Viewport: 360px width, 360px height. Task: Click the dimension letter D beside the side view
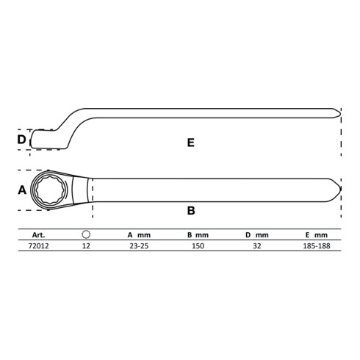tap(21, 140)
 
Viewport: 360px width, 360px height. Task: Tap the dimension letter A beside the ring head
tap(22, 190)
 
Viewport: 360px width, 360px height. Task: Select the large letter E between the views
tap(191, 143)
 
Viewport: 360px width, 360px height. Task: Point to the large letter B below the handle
tap(191, 211)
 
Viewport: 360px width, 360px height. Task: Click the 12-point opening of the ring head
tap(51, 190)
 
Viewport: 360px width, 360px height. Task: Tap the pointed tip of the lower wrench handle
tap(341, 189)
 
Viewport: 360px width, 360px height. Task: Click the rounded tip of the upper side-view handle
tap(340, 113)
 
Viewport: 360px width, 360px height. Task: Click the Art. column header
tap(38, 235)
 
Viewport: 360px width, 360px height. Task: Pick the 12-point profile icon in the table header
tap(86, 234)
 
